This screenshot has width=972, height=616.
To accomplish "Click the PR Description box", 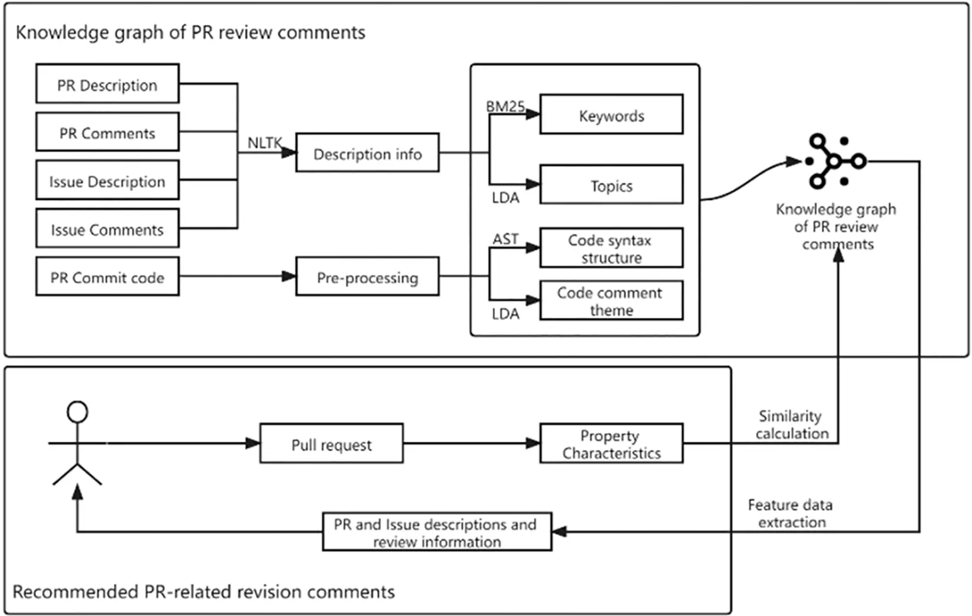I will click(x=107, y=84).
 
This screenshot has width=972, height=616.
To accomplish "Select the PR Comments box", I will click(x=107, y=132).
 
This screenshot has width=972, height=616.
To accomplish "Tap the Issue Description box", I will click(x=107, y=181).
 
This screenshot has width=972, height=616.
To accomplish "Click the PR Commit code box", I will click(x=107, y=277).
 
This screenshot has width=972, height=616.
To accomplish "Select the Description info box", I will click(x=367, y=153).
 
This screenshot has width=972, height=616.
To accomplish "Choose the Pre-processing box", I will click(x=367, y=277).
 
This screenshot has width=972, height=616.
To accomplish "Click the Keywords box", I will click(x=611, y=115).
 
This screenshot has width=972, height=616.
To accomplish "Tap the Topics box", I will click(x=611, y=185).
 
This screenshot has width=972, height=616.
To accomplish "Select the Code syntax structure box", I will click(x=611, y=248).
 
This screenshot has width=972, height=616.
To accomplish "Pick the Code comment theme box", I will click(x=611, y=301).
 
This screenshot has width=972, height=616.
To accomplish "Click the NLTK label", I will click(x=265, y=143).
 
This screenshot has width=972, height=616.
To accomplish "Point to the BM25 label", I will click(x=505, y=106).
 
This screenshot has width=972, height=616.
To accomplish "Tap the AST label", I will click(x=505, y=238).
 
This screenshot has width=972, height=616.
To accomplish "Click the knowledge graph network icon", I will click(x=835, y=161).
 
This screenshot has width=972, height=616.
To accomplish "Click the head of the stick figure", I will click(x=78, y=412).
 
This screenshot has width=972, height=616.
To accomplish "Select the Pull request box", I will click(x=332, y=444).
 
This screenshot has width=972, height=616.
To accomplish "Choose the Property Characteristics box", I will click(x=611, y=444).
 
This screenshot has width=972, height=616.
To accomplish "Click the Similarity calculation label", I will click(x=791, y=425).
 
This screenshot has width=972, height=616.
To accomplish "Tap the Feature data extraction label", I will click(x=791, y=513).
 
